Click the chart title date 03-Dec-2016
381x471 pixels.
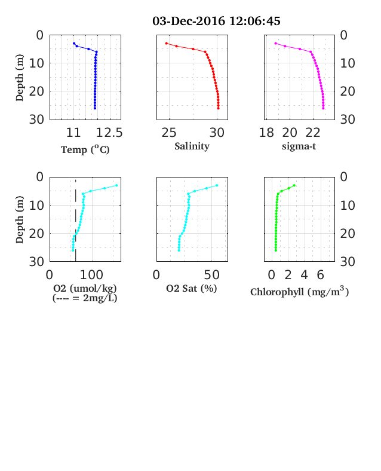coord(189,21)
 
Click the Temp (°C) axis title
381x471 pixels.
coord(85,149)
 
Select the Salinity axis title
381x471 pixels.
coord(192,146)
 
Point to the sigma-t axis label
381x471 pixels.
coord(299,146)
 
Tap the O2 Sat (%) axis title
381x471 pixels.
coord(192,288)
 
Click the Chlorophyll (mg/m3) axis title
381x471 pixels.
coord(299,291)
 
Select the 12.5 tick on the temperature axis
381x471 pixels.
coord(109,133)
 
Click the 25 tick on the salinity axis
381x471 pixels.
coord(169,133)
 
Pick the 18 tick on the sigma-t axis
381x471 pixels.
coord(266,133)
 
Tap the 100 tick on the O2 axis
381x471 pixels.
coord(91,275)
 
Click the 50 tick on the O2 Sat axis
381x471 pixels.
coord(212,275)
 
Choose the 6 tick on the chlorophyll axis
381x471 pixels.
coord(321,275)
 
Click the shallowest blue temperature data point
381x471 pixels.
coord(74,44)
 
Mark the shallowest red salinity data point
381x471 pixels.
coord(167,44)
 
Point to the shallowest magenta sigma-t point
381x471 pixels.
coord(276,44)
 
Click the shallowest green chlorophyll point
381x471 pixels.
coord(294,185)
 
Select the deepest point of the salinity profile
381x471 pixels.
coord(219,108)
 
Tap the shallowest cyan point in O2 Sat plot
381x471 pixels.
coord(217,185)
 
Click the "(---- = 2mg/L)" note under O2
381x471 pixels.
coord(85,298)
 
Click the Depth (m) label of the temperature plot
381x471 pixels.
coord(19,78)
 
